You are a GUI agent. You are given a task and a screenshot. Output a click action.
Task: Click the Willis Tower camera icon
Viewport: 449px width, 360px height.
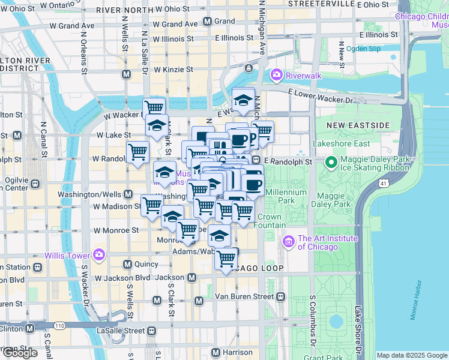[x=99, y=255]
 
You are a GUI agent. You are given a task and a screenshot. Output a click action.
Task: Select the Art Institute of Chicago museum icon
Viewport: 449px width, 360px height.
[x=288, y=242]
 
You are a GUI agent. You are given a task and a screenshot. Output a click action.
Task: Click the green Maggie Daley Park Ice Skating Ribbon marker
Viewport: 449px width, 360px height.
[x=330, y=162]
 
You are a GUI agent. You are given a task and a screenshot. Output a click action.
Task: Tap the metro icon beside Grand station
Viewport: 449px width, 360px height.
[x=207, y=21]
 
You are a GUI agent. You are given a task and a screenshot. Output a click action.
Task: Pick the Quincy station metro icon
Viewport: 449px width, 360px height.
[x=127, y=265]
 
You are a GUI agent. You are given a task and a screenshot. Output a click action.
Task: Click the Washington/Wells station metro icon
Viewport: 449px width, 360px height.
[x=128, y=194]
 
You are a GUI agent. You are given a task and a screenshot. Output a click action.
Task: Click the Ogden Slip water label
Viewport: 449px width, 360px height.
[x=363, y=48]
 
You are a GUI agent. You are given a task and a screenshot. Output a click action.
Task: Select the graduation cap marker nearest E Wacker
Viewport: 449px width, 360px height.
[x=243, y=100]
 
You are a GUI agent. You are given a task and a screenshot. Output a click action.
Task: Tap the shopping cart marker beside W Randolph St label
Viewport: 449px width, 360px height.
[x=138, y=152]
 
